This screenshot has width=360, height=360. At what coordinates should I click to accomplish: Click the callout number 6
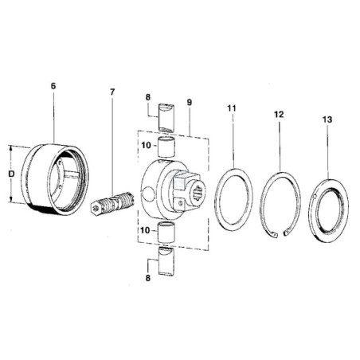click(x=53, y=86)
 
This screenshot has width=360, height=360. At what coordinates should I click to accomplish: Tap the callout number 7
click(x=112, y=92)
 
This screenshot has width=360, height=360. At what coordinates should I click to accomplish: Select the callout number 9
click(x=189, y=103)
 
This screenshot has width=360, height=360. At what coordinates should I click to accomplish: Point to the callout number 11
click(x=231, y=108)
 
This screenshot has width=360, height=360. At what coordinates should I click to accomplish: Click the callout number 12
click(x=279, y=115)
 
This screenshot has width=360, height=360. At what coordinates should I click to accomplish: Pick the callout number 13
click(x=327, y=119)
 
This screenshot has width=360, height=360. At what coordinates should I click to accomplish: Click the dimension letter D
click(x=11, y=174)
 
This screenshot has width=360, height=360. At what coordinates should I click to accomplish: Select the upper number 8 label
click(x=148, y=97)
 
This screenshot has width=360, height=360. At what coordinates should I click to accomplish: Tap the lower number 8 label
click(x=148, y=278)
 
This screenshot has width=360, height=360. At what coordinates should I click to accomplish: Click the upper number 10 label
click(x=146, y=145)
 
